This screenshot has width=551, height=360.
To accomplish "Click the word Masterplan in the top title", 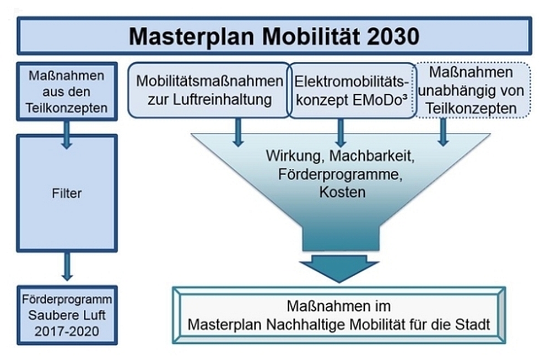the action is [191, 36].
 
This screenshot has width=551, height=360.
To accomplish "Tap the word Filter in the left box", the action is [67, 193].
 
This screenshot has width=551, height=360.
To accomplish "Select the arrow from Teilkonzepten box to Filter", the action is [67, 135].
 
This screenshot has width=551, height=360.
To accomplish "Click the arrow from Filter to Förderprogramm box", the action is [67, 266].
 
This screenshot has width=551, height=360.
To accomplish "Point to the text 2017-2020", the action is [67, 331].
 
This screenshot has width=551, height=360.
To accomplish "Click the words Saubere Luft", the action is [67, 315].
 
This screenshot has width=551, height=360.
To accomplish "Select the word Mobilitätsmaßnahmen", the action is [209, 81].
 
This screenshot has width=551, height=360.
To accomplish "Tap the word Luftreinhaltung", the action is [222, 100].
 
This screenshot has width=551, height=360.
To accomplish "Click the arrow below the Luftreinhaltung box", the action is [238, 132].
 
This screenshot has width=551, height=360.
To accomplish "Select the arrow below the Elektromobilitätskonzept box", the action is [340, 132].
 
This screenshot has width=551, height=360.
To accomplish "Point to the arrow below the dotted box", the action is [443, 132].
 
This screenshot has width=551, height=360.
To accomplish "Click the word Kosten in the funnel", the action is [342, 192].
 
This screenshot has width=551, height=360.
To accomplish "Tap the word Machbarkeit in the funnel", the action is [372, 155].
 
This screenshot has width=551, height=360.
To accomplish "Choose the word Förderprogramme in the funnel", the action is [340, 174].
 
